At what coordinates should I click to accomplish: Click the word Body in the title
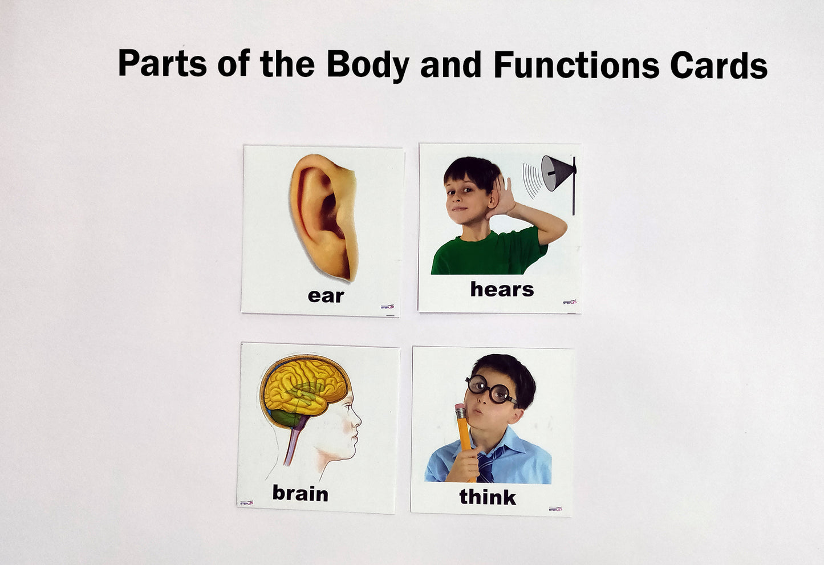[x=367, y=64]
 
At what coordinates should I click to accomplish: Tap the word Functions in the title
[x=576, y=64]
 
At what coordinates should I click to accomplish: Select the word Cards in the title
[x=719, y=64]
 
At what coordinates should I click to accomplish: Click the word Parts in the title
[x=162, y=63]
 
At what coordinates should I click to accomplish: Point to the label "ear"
[x=326, y=295]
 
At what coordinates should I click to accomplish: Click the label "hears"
[x=502, y=289]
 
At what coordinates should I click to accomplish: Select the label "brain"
[x=300, y=493]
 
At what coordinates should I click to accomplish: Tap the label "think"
[x=488, y=497]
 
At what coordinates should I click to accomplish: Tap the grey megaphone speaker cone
[x=555, y=173]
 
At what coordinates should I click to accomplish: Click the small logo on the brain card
[x=246, y=502]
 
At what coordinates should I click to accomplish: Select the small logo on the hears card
[x=569, y=302]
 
